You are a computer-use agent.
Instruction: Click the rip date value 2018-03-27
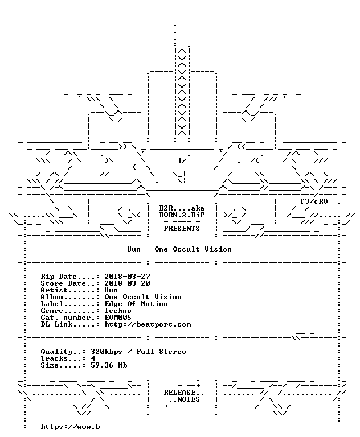[127, 277]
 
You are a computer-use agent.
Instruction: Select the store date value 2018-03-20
[127, 283]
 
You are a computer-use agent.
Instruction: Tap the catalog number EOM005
[118, 318]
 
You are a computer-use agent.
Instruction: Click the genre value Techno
[118, 311]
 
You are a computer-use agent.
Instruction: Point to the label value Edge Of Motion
[136, 304]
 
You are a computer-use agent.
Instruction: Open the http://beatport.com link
[148, 324]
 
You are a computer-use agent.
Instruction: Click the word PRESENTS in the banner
[182, 229]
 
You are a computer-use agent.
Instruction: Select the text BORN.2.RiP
[182, 215]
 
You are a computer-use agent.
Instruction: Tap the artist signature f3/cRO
[314, 201]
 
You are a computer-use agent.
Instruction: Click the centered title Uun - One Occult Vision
[179, 249]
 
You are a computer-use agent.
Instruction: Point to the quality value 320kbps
[107, 352]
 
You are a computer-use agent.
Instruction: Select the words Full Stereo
[161, 352]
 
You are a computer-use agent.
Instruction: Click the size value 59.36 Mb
[109, 365]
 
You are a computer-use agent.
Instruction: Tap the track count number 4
[93, 358]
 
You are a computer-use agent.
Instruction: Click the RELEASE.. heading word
[184, 393]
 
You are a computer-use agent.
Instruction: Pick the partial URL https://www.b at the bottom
[70, 427]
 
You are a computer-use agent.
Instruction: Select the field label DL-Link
[56, 324]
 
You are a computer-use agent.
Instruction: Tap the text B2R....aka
[182, 208]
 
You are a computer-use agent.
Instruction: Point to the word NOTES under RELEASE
[189, 399]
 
